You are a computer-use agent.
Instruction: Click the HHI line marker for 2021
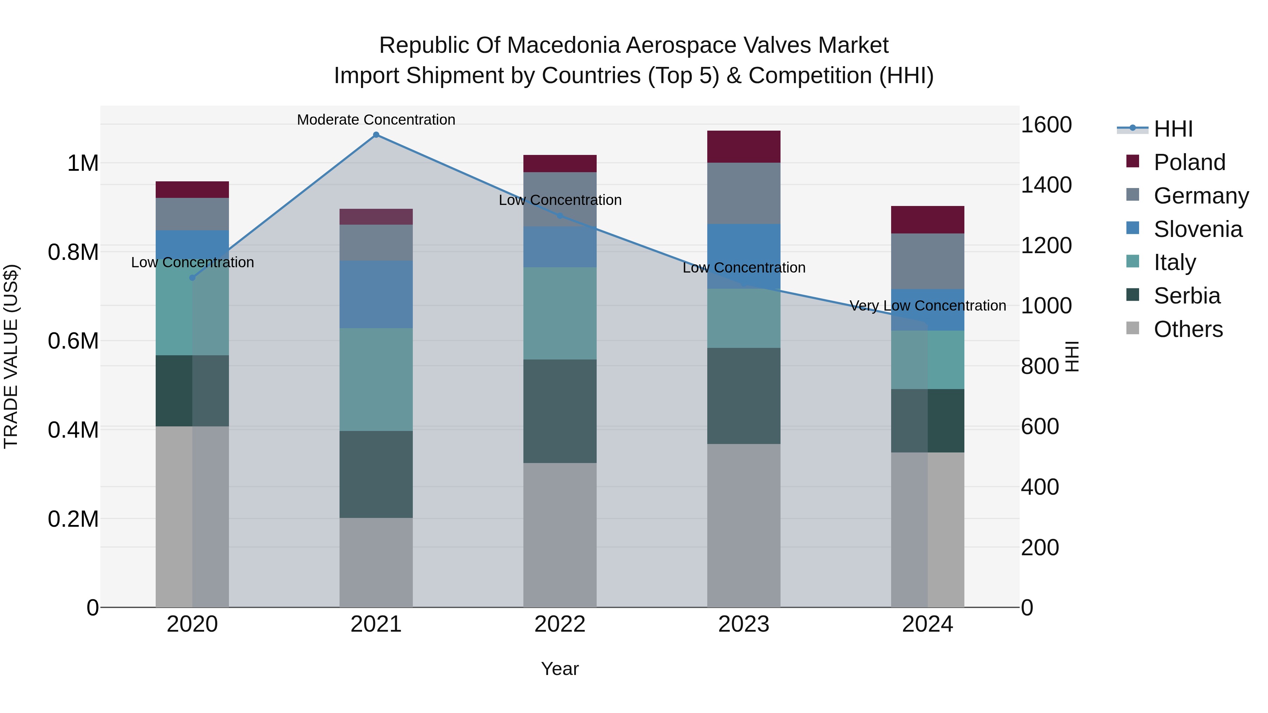pyautogui.click(x=376, y=135)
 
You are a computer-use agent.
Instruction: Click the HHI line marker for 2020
pyautogui.click(x=192, y=277)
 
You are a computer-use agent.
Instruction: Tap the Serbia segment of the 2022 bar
pyautogui.click(x=560, y=411)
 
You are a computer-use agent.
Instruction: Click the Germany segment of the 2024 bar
pyautogui.click(x=927, y=261)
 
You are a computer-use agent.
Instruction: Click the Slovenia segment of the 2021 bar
pyautogui.click(x=376, y=294)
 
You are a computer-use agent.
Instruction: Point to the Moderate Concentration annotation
pyautogui.click(x=376, y=120)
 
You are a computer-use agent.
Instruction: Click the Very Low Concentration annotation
pyautogui.click(x=927, y=306)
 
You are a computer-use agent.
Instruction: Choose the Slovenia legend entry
pyautogui.click(x=1198, y=229)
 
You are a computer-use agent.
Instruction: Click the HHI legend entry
pyautogui.click(x=1173, y=129)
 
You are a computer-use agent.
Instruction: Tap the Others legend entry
pyautogui.click(x=1188, y=329)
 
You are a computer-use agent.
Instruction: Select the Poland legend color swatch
pyautogui.click(x=1133, y=161)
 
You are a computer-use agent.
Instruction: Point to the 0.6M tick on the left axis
pyautogui.click(x=73, y=340)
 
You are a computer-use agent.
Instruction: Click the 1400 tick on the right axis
pyautogui.click(x=1046, y=185)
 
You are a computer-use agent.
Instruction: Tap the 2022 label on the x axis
pyautogui.click(x=560, y=624)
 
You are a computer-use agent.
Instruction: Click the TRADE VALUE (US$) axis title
pyautogui.click(x=11, y=356)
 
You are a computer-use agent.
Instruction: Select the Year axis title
pyautogui.click(x=560, y=669)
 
